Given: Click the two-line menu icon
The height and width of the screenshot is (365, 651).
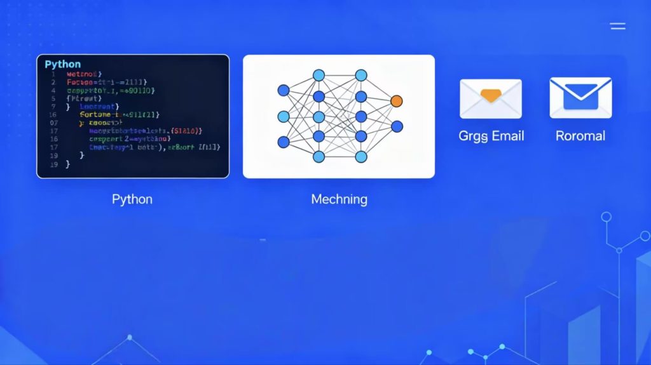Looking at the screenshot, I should tap(617, 26).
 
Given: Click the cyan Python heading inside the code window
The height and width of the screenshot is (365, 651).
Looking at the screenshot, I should tap(63, 64).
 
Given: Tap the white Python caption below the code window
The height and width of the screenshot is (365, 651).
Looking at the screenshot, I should tap(132, 199).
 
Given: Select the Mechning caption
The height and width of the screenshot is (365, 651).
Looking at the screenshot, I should tap(339, 199).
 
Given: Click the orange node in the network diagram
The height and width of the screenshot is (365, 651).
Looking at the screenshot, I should tap(397, 101).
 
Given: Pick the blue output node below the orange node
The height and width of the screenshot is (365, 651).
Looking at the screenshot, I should tap(397, 126).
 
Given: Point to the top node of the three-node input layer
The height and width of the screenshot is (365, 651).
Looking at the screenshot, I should tap(284, 90).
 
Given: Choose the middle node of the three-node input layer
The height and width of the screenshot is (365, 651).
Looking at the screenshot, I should tap(284, 116).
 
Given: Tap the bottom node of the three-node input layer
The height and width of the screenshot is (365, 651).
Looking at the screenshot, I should tap(284, 142).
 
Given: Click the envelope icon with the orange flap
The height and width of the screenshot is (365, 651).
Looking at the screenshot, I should tap(490, 98).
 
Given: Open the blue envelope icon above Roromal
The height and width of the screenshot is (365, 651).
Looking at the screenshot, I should tap(580, 98).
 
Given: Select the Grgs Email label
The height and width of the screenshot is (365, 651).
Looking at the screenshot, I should tap(491, 136).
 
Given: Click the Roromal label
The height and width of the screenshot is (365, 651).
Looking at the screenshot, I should tap(580, 136).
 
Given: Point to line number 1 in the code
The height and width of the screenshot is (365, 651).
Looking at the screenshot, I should tap(54, 74).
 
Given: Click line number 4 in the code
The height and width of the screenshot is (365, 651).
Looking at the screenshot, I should tap(54, 91).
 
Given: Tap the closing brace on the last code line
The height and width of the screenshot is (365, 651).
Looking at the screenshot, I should tap(68, 164).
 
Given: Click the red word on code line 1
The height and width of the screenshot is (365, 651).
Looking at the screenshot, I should tap(88, 74).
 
